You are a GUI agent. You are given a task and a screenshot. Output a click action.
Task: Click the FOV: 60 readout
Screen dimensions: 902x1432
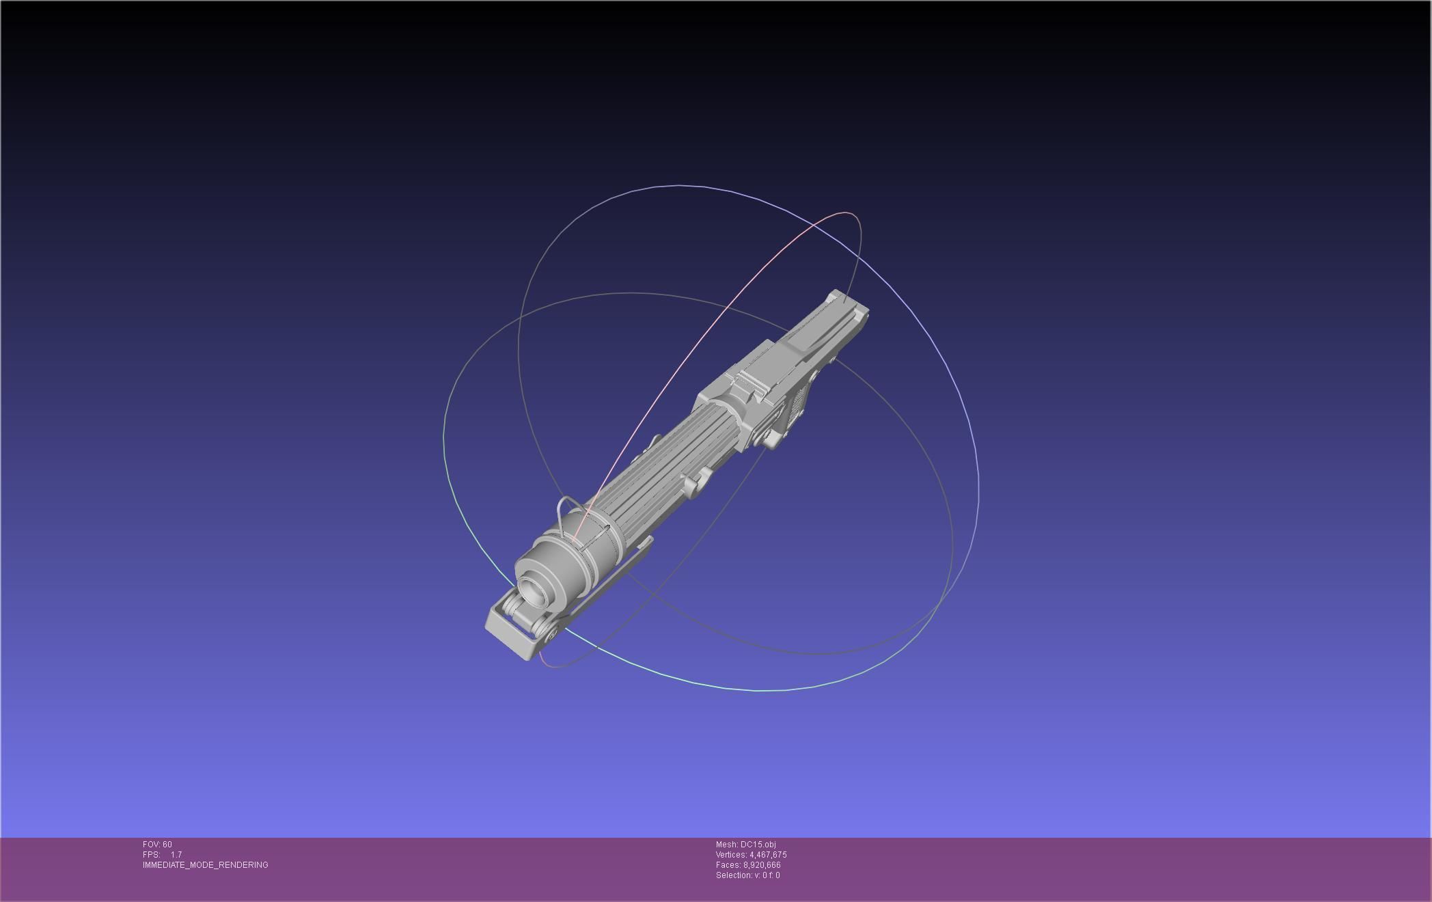157,845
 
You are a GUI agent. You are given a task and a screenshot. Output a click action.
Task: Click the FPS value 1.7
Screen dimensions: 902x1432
176,855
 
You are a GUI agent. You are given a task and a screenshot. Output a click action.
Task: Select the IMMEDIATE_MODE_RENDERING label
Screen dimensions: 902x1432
205,865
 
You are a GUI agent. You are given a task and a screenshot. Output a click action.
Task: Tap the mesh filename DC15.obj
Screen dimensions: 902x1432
758,845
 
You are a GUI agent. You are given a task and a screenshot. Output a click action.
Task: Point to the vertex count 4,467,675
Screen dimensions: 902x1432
768,855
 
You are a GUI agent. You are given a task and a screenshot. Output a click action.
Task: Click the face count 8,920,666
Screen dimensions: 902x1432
762,865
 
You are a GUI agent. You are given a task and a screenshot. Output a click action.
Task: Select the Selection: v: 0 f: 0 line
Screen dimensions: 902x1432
747,875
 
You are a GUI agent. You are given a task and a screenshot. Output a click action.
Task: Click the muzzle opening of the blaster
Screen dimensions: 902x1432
532,590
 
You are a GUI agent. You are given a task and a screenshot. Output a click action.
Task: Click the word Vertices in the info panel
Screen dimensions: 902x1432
730,855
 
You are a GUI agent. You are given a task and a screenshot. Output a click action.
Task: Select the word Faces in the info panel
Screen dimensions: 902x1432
728,865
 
